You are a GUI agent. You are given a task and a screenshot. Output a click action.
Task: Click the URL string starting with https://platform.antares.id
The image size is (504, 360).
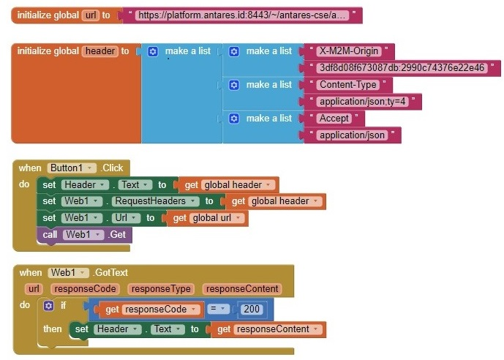242,15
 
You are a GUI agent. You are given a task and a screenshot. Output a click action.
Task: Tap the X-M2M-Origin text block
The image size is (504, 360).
348,51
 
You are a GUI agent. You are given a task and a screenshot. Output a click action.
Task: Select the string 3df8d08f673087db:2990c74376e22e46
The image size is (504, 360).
402,68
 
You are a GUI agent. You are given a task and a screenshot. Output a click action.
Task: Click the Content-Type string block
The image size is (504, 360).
346,85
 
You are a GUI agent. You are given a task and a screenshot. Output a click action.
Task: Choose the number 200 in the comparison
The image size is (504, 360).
252,309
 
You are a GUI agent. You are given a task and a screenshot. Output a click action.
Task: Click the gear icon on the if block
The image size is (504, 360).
49,306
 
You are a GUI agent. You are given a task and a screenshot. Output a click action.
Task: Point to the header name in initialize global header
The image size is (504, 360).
100,51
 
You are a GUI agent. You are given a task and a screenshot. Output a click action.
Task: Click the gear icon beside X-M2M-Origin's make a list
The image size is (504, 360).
234,51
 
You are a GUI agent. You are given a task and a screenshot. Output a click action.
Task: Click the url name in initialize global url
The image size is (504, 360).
91,15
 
